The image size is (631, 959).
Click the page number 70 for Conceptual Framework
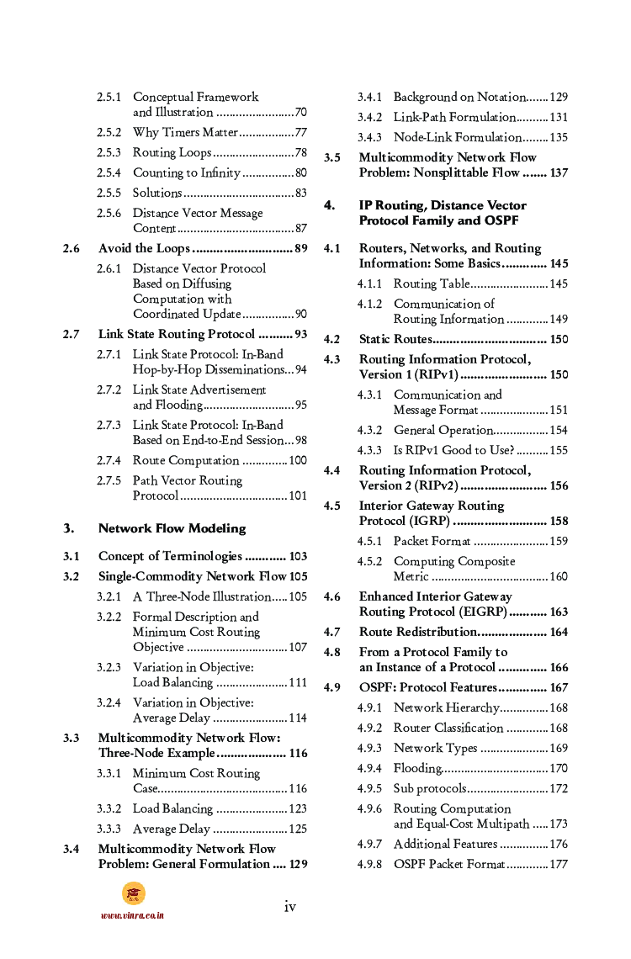point(300,113)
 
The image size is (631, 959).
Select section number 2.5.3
point(109,153)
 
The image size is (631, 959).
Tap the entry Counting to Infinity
point(187,173)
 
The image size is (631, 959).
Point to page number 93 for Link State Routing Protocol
point(300,335)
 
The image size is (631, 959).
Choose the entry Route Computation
point(186,461)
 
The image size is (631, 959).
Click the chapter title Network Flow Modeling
point(172,528)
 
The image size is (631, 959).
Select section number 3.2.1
point(109,597)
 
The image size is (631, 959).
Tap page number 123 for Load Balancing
point(297,809)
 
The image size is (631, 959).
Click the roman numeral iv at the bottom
point(289,906)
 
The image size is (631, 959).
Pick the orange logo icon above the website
point(133,893)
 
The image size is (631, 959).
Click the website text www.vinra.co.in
point(132,915)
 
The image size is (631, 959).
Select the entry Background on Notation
point(459,98)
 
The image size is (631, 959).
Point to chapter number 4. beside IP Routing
point(330,205)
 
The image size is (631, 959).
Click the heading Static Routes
point(395,340)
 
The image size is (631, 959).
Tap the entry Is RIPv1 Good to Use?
point(455,451)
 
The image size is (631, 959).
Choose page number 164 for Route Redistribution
point(559,633)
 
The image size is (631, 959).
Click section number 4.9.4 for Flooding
point(369,769)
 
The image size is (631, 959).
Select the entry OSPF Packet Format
point(448,865)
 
